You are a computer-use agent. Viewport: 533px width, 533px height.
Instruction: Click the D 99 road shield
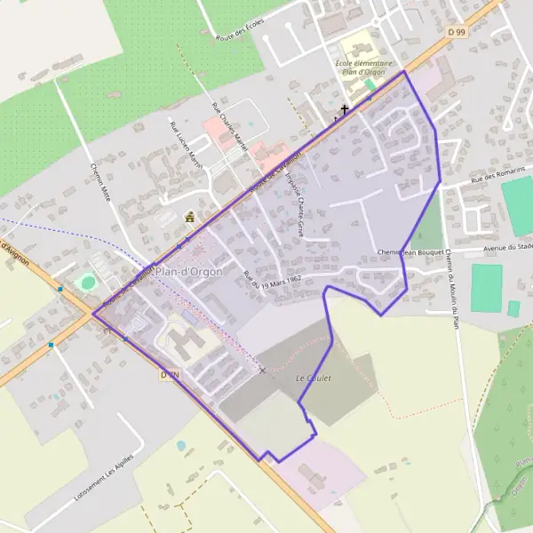(x=457, y=32)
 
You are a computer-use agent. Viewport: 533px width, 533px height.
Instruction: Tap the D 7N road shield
(x=170, y=376)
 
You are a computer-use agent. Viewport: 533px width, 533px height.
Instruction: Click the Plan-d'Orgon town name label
(x=188, y=272)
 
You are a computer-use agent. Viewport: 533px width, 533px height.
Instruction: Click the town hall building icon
(x=189, y=216)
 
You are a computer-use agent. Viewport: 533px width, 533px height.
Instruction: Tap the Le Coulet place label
(x=313, y=378)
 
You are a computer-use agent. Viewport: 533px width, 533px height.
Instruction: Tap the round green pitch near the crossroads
(x=87, y=282)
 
